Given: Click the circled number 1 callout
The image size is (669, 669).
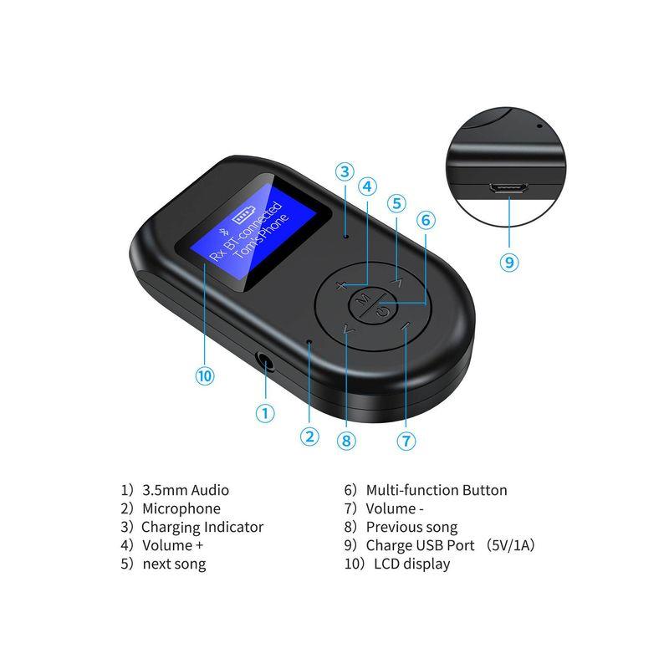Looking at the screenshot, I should pos(265,412).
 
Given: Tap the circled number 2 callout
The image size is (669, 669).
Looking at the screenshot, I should pos(310,436).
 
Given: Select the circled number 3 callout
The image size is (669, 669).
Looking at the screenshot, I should pos(345,172).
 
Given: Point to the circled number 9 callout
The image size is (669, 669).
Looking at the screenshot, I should pos(509,262).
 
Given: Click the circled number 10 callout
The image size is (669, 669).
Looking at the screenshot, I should pos(204,375).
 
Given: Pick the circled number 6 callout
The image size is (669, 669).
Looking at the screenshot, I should pos(426,220).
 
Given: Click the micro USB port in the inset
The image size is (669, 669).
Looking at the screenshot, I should pos(508,188).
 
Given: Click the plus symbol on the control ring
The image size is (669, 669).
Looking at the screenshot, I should pos(341,286).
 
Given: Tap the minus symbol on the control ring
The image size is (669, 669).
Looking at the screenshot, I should pos(405,327).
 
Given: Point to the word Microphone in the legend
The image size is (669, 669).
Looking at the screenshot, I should pos(181,508).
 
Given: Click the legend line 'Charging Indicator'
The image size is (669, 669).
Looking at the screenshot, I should pos(202,527).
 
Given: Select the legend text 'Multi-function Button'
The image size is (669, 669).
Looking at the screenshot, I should pos(436,490).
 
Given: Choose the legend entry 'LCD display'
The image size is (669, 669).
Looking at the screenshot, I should pos(407,564).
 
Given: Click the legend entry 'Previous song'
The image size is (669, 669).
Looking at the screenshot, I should pos(411,527).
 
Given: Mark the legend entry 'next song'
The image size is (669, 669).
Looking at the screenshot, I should pos(174,564).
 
